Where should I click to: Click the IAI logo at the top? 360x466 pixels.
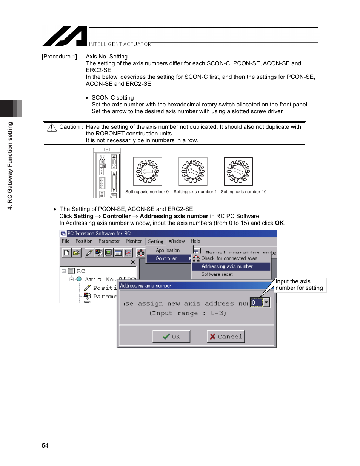click(65, 36)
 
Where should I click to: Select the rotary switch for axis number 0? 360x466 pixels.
click(148, 171)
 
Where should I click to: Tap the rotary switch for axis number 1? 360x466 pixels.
click(193, 171)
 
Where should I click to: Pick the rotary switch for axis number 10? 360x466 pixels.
click(238, 171)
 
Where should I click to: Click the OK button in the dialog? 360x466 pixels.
click(171, 336)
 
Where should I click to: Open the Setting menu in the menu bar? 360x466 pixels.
click(155, 241)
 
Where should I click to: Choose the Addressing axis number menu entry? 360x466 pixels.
click(227, 266)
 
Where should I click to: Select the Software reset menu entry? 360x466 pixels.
click(217, 274)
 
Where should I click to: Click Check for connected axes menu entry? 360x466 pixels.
click(229, 258)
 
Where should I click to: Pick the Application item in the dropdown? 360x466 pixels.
click(168, 251)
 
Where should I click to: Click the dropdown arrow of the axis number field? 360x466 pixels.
click(266, 302)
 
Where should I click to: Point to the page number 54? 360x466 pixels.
click(45, 446)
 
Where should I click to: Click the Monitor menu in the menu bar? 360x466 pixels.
click(134, 241)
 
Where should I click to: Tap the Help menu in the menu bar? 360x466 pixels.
click(195, 241)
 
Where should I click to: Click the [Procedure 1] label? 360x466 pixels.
click(59, 57)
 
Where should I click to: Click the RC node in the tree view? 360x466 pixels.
click(81, 271)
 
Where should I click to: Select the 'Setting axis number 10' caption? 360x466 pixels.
click(243, 192)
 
